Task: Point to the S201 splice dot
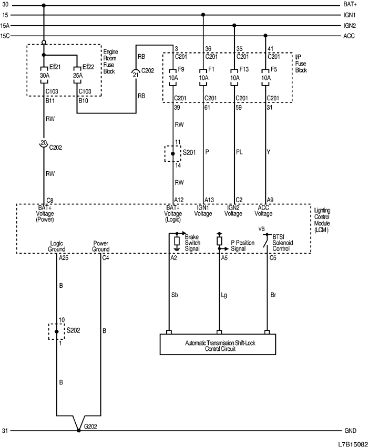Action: coord(173,153)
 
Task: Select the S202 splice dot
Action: coord(57,331)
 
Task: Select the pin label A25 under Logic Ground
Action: coord(64,258)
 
